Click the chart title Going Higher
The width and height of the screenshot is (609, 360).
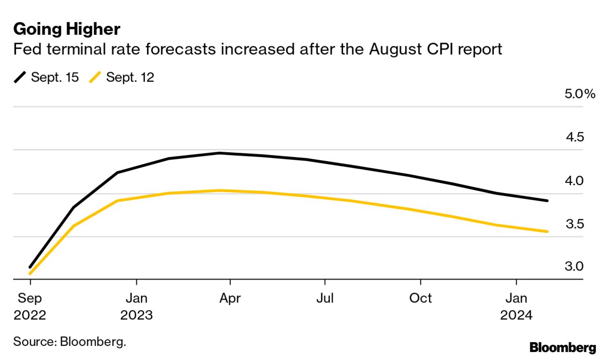(x=67, y=29)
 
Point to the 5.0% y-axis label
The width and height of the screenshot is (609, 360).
(x=580, y=94)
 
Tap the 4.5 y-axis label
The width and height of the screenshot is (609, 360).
(x=575, y=137)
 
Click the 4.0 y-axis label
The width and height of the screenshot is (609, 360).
(x=575, y=180)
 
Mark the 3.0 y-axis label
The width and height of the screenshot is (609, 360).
(x=575, y=267)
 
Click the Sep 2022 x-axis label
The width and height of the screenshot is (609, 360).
(x=30, y=306)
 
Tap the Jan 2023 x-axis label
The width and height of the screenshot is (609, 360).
(x=136, y=306)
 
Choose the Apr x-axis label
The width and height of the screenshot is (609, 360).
(x=230, y=298)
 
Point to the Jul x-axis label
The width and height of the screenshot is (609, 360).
(x=325, y=298)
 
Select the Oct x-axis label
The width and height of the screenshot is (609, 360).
(x=420, y=298)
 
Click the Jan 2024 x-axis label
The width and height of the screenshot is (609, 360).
(x=517, y=306)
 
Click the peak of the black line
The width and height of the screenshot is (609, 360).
(x=220, y=153)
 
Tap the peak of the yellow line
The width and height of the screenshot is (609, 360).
(x=220, y=190)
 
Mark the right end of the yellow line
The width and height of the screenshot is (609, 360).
(x=547, y=231)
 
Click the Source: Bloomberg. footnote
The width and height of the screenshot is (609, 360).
(x=70, y=341)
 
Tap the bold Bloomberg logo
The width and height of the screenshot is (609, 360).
(x=563, y=348)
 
